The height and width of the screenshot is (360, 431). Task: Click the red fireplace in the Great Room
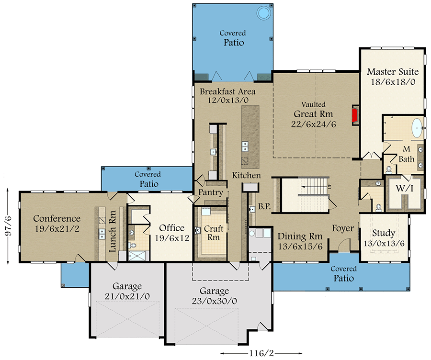tap(355, 115)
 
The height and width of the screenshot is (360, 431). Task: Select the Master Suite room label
tap(392, 77)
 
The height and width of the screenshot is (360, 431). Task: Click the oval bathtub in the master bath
tap(417, 129)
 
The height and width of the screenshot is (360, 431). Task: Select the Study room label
tap(384, 238)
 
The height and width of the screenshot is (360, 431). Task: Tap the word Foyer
tap(343, 228)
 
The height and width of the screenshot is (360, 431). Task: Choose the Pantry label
tap(211, 193)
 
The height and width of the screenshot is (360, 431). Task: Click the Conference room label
tap(57, 224)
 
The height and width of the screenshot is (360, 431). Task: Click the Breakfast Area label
tap(227, 96)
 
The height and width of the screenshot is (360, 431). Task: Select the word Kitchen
tap(246, 175)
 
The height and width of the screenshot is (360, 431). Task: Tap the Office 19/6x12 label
tap(171, 232)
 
